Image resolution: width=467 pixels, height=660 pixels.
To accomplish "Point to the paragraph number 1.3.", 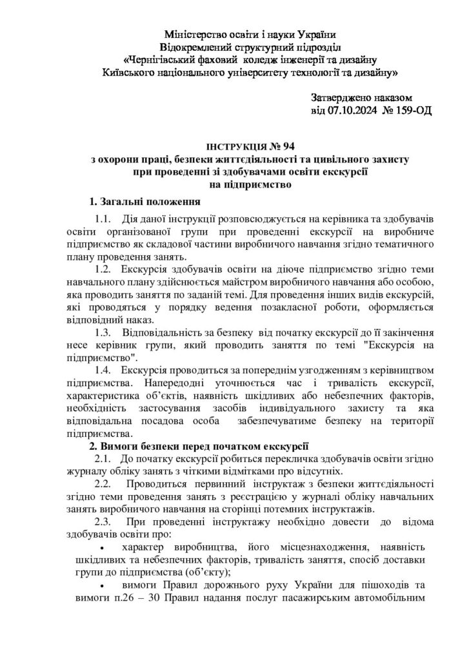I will pos(104,333).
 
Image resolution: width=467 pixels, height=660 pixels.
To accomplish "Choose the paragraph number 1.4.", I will pos(104,369).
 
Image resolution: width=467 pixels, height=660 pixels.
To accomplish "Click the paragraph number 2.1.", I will pos(104,458).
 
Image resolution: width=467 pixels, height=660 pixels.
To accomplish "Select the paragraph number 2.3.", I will pos(104,521).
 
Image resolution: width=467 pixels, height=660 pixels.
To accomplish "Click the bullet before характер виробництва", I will pos(103,548).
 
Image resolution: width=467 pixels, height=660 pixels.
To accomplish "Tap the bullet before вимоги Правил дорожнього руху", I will pos(103,586).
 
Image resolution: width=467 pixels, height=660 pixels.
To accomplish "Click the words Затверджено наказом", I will pos(361,97).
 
